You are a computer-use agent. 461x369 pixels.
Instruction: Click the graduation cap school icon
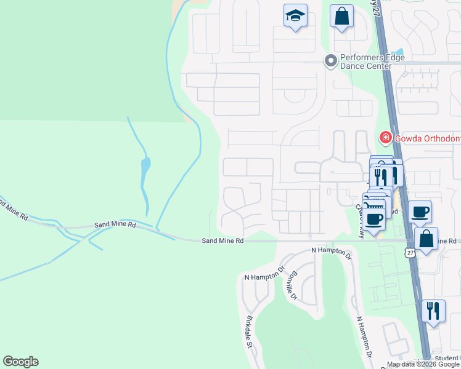pyautogui.click(x=295, y=16)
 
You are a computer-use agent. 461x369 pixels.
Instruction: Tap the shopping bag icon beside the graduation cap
pyautogui.click(x=341, y=17)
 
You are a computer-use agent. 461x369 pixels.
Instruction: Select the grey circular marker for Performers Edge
pyautogui.click(x=331, y=60)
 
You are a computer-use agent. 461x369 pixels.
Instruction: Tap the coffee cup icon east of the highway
pyautogui.click(x=420, y=212)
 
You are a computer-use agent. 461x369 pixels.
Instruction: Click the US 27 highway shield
pyautogui.click(x=410, y=253)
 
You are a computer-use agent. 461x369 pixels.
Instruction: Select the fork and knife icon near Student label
pyautogui.click(x=434, y=311)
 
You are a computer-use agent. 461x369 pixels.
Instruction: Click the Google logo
pyautogui.click(x=20, y=362)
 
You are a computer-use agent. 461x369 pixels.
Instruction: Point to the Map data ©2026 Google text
pyautogui.click(x=423, y=364)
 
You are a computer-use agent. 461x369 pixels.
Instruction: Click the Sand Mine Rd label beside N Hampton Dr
pyautogui.click(x=223, y=241)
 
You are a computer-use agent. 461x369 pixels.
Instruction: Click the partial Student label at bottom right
pyautogui.click(x=447, y=358)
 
